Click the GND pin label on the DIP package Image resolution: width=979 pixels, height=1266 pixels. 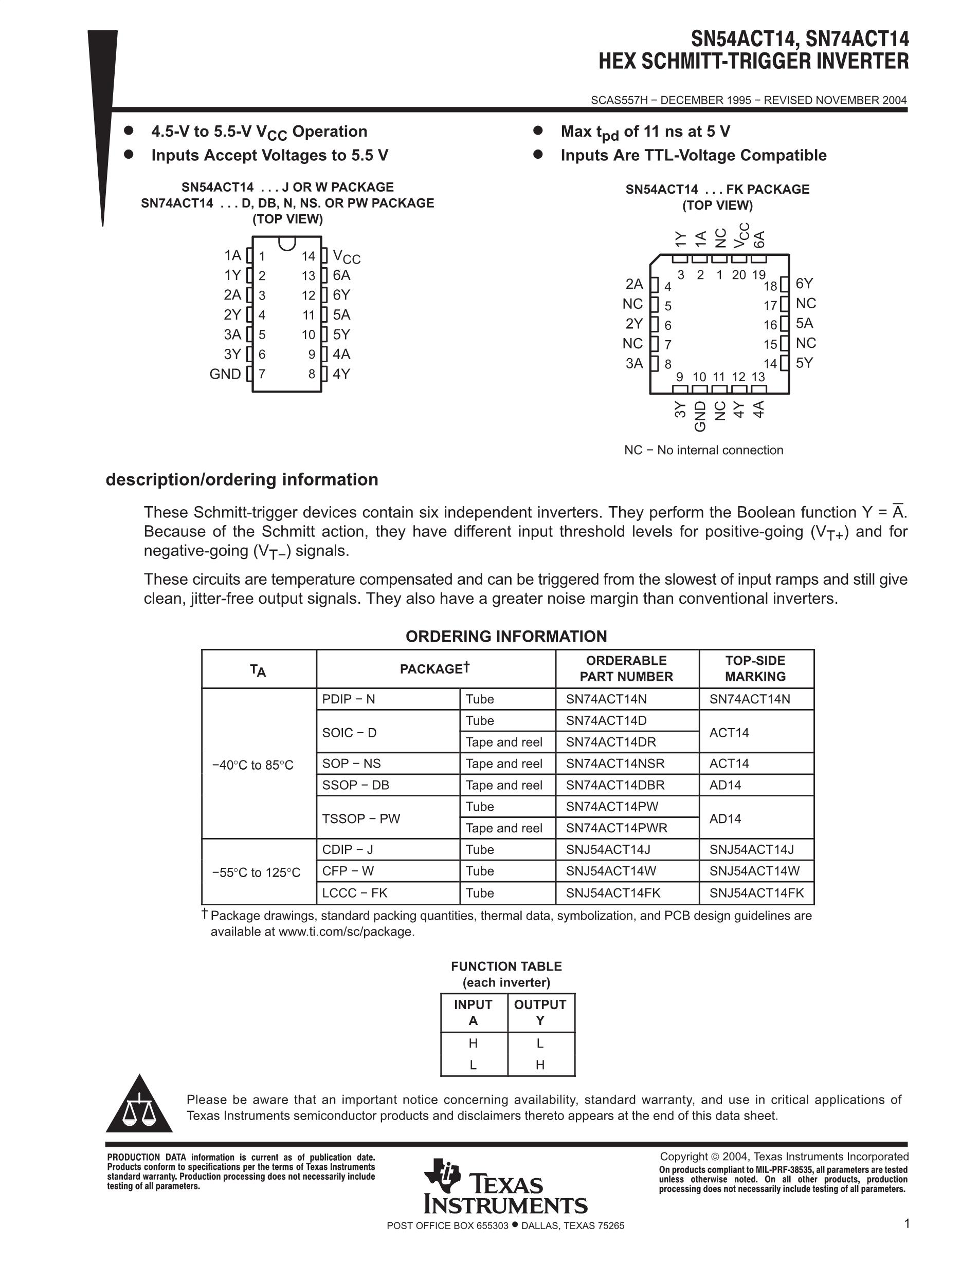[225, 374]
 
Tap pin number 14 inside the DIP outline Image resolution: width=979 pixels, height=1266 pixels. [308, 256]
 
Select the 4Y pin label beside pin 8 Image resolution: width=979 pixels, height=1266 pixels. [341, 374]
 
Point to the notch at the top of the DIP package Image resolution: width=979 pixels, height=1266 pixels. [287, 243]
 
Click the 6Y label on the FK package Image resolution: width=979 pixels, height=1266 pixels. [804, 284]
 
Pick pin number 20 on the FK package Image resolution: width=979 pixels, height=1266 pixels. [738, 275]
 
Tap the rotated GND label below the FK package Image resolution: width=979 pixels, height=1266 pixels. [700, 416]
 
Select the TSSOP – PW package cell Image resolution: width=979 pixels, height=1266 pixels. [361, 818]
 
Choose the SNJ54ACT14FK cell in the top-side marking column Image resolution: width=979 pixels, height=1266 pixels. [756, 892]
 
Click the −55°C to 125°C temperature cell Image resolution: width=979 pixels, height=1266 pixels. [257, 872]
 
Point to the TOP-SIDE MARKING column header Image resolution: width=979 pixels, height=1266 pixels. [755, 668]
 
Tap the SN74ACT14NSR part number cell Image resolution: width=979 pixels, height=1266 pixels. [615, 764]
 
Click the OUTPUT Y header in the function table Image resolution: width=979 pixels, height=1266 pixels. [540, 1012]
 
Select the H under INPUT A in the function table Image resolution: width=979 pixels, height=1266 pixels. [473, 1044]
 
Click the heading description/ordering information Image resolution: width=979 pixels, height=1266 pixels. [242, 479]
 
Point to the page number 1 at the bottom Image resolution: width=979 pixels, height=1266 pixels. [907, 1224]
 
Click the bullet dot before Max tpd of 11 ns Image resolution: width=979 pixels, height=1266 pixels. [538, 131]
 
